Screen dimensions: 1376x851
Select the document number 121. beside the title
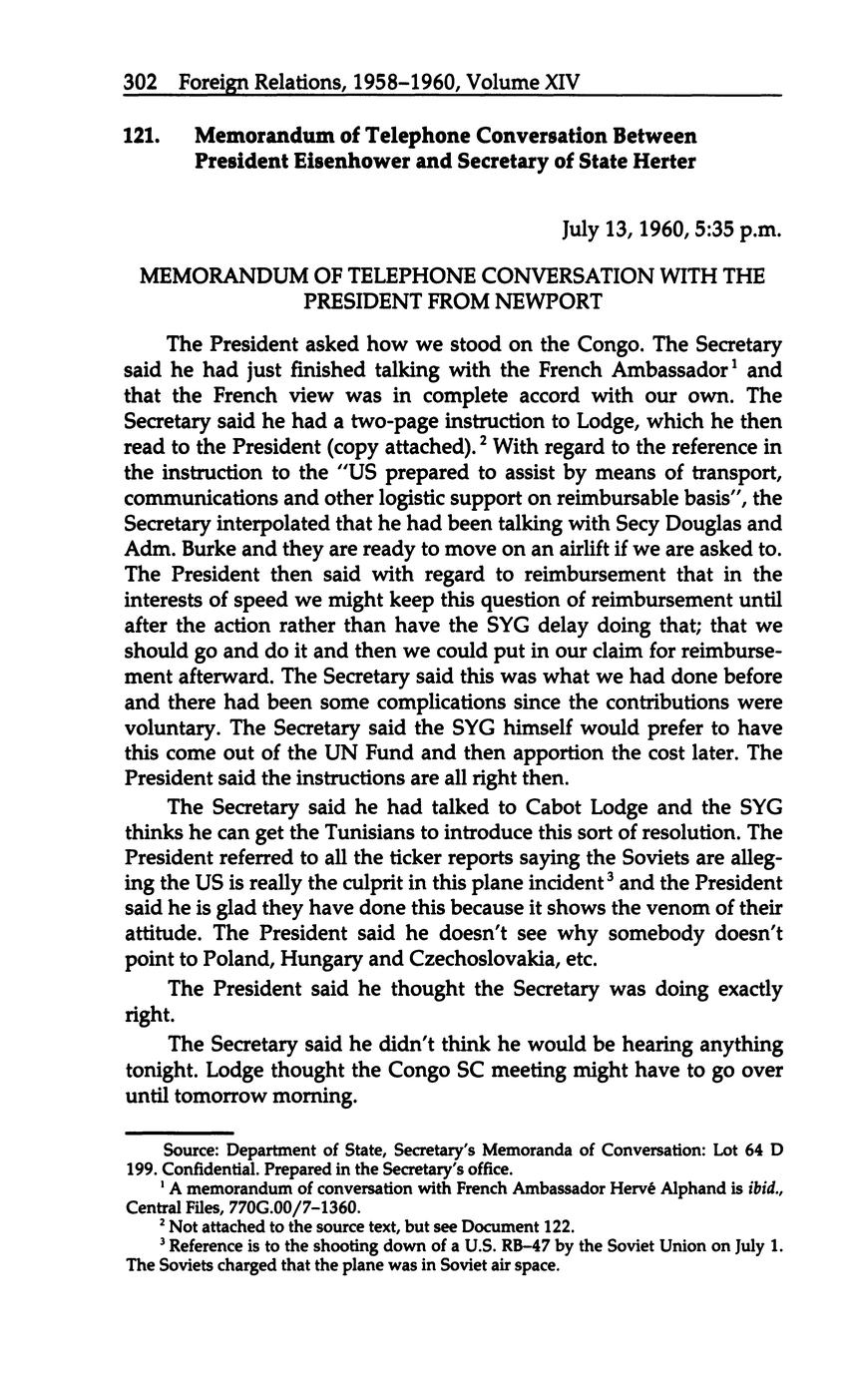tap(142, 136)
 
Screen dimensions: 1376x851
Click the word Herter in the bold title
tap(662, 162)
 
